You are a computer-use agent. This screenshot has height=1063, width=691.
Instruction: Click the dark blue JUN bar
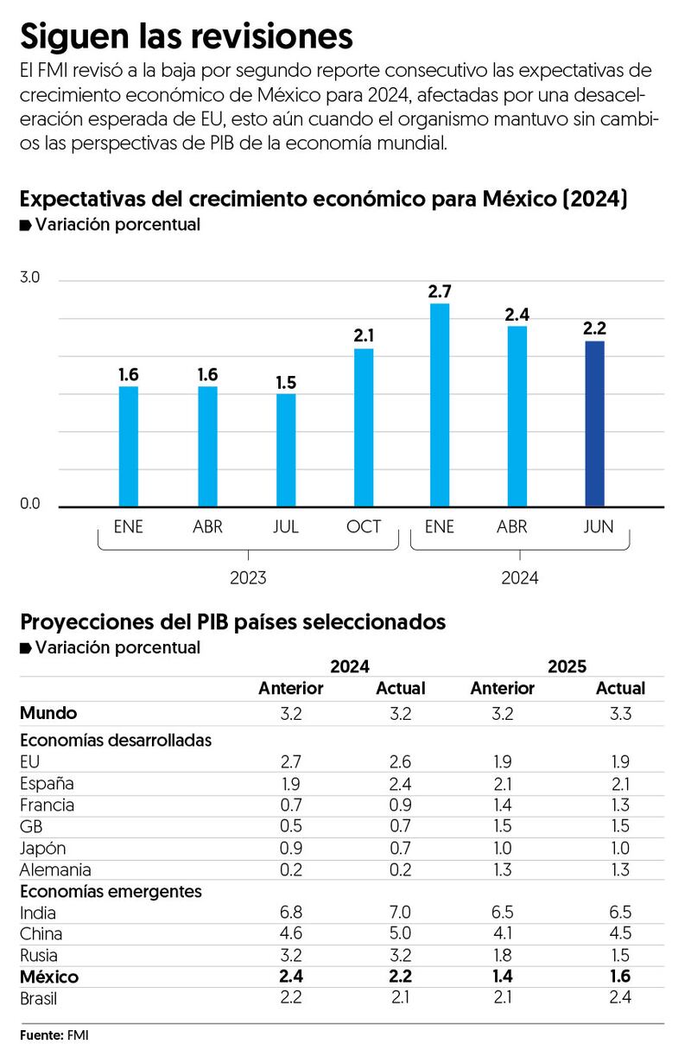pos(594,423)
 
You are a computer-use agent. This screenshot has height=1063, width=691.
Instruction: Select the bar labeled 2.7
pos(440,404)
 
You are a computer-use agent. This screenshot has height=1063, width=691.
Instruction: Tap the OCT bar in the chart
pos(364,427)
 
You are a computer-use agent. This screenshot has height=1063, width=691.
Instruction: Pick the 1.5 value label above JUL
pos(286,382)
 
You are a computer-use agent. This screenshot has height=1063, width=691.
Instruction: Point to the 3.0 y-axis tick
pos(30,278)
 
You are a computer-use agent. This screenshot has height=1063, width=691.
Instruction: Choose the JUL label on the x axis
pos(286,527)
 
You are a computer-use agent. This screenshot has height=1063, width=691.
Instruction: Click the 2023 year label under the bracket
pos(248,577)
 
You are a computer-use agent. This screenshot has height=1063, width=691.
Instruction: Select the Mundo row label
pos(48,713)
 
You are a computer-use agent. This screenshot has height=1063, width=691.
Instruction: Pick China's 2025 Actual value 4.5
pos(620,933)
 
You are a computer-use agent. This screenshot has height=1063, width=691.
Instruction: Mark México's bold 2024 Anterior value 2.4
pos(290,977)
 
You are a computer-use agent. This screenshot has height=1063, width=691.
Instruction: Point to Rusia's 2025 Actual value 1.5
pos(620,955)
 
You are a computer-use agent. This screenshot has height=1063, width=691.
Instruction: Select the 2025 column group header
pos(566,666)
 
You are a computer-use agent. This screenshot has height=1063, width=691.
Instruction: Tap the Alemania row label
pos(54,869)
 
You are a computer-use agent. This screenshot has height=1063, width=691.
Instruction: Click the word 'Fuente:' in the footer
pos(41,1034)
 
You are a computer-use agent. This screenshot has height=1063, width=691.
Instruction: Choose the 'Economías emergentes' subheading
pos(111,891)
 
